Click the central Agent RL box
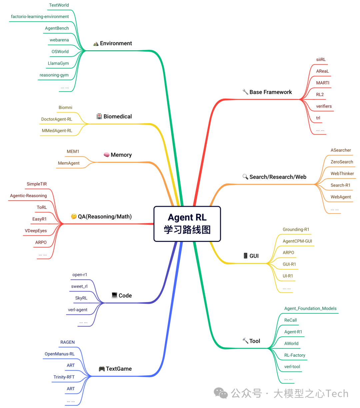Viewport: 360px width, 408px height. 187,224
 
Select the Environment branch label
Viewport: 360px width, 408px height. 116,43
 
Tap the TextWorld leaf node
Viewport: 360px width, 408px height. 59,5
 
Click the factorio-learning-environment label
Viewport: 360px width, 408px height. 40,17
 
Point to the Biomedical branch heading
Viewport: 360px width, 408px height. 117,117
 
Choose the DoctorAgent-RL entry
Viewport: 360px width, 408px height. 57,119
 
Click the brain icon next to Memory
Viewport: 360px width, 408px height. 107,155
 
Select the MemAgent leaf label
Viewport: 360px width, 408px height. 69,163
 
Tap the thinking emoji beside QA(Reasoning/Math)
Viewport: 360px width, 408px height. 74,216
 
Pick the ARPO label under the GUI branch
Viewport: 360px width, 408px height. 288,252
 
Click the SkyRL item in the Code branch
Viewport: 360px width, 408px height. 81,298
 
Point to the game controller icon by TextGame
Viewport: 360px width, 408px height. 102,369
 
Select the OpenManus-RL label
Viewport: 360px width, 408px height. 60,354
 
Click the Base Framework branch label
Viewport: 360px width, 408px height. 270,92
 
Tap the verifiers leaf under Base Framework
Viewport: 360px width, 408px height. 324,106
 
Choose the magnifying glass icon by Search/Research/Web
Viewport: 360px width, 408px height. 245,177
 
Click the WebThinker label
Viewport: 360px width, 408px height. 342,174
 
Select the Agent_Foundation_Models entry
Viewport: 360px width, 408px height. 310,308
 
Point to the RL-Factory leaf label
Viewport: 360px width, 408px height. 295,355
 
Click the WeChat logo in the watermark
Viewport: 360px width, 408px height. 221,393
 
